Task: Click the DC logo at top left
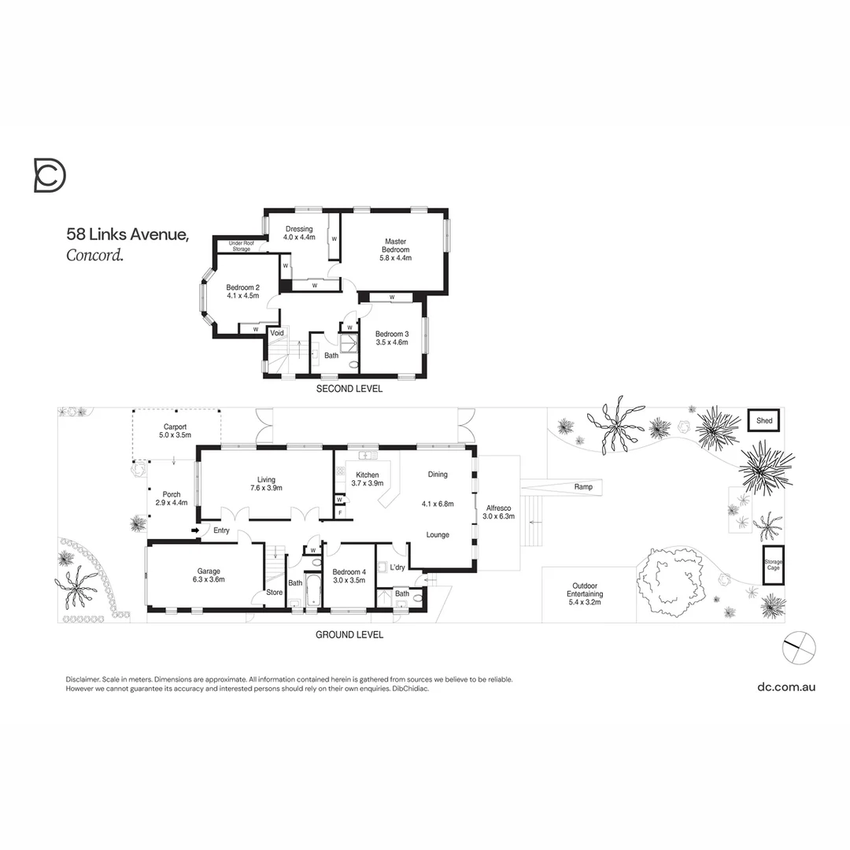click(x=50, y=175)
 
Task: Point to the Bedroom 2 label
click(x=242, y=287)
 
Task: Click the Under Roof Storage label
click(x=241, y=246)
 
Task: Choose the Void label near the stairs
click(x=277, y=333)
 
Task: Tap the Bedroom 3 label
click(x=391, y=334)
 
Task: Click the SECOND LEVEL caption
click(x=349, y=389)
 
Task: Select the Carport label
click(x=176, y=427)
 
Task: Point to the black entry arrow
click(x=194, y=530)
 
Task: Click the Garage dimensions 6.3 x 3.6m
click(x=209, y=580)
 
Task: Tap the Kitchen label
click(x=368, y=475)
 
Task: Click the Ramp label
click(x=583, y=487)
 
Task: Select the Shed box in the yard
click(x=764, y=421)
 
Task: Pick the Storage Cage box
click(x=773, y=565)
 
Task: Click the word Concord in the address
click(x=94, y=254)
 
